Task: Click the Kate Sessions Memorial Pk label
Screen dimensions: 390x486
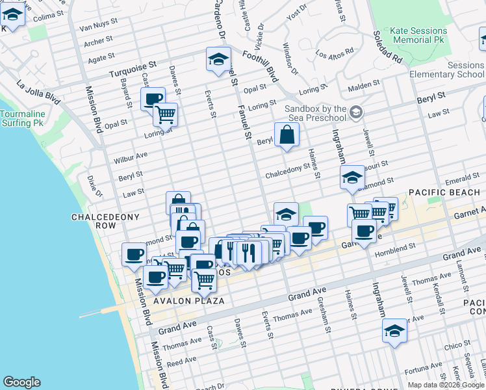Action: (x=418, y=36)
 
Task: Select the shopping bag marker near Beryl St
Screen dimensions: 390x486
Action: (x=286, y=136)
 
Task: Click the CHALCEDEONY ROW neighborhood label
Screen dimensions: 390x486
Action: (x=94, y=221)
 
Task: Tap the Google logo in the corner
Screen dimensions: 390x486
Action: (x=21, y=382)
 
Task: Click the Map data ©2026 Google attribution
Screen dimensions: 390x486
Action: (x=446, y=385)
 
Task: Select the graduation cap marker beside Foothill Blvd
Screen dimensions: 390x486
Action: (x=218, y=59)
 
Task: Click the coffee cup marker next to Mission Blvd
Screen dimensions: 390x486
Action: (x=134, y=254)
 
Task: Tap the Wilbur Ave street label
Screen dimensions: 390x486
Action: (x=131, y=157)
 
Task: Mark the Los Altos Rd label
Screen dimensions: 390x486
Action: (x=335, y=51)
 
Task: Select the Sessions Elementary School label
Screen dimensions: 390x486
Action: (x=448, y=70)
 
